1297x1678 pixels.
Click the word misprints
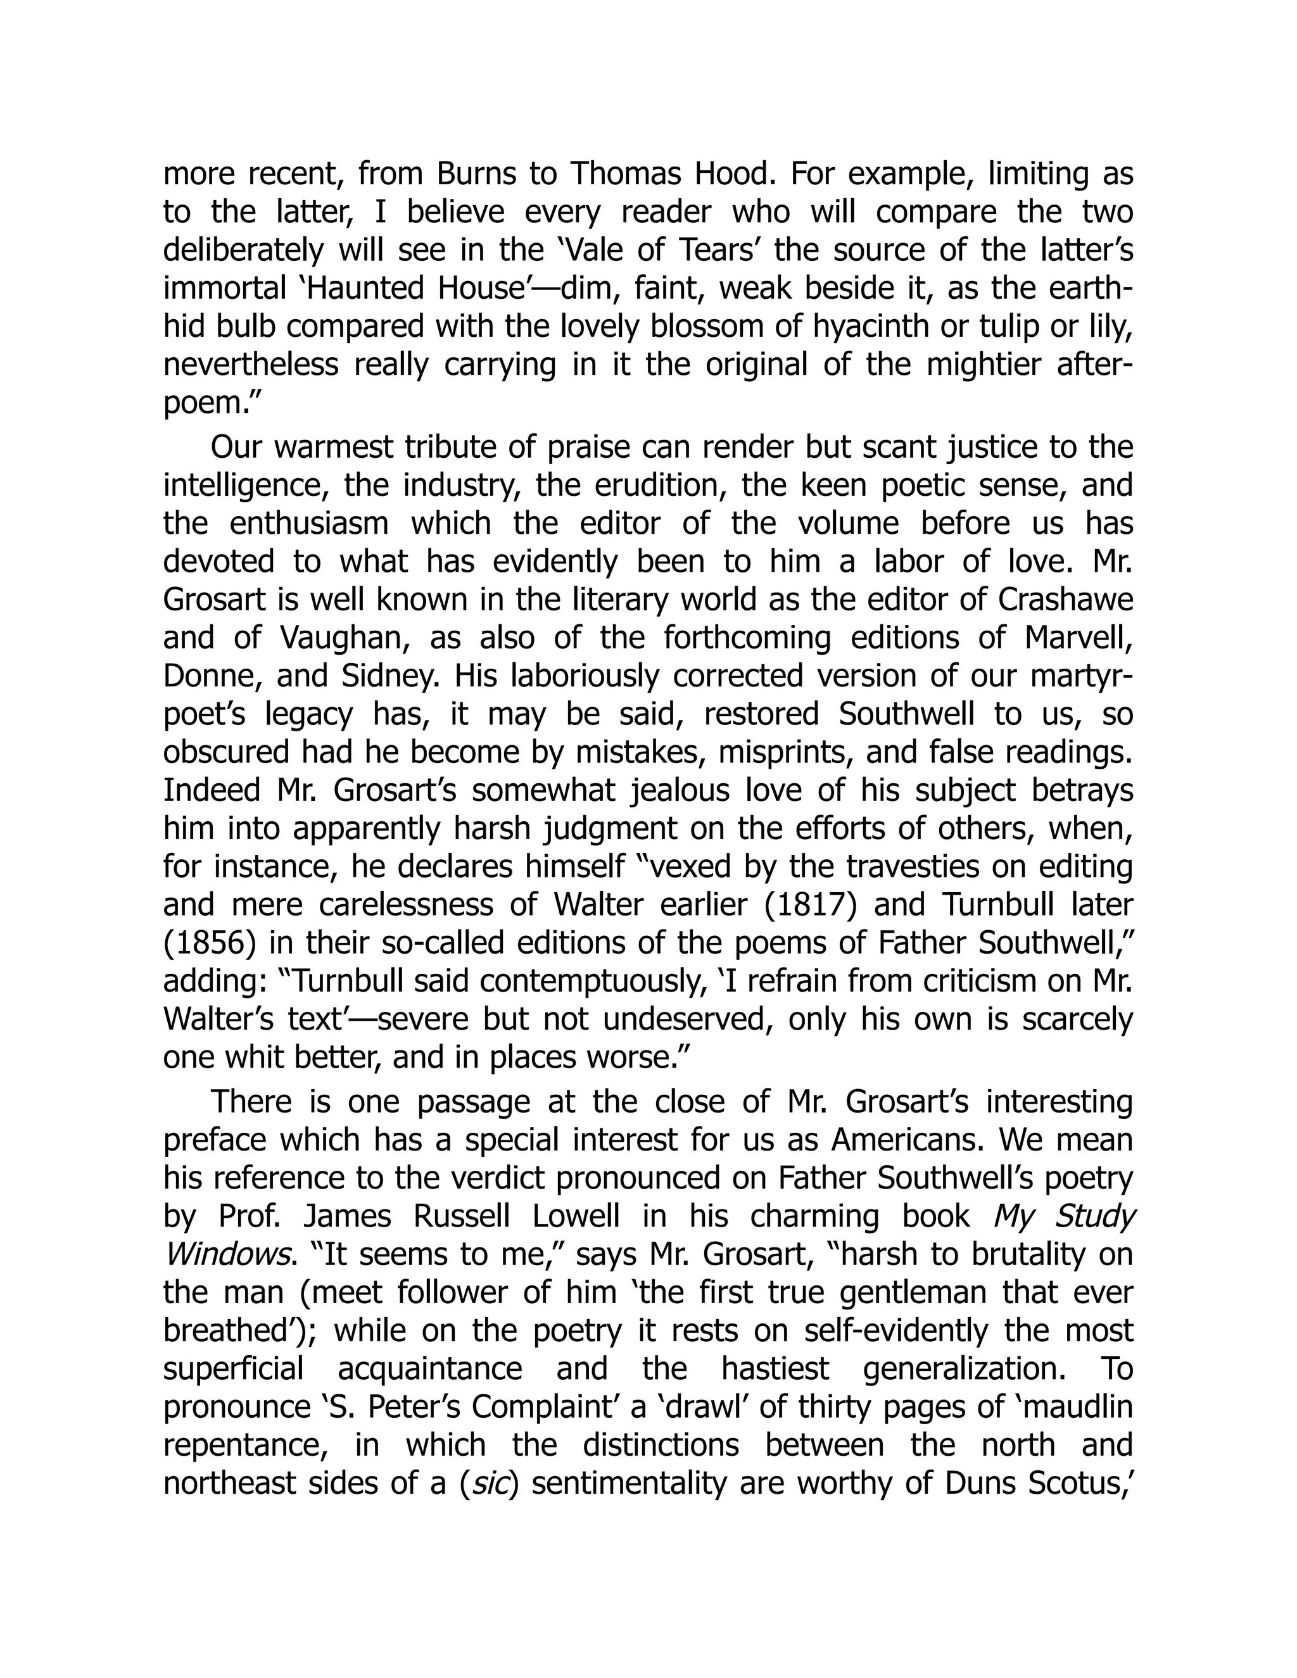pos(783,754)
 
